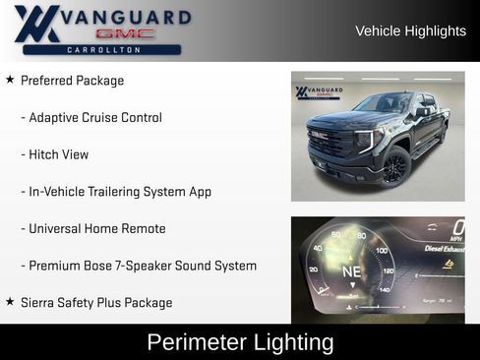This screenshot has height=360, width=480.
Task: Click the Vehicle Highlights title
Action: coord(410,30)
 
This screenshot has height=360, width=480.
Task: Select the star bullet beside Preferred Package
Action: coord(10,80)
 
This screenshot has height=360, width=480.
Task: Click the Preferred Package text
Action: coord(72,81)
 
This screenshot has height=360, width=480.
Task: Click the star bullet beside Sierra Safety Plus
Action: coord(10,302)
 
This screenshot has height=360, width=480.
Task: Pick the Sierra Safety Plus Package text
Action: coord(96,303)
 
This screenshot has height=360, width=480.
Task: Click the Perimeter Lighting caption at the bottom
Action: coord(240,342)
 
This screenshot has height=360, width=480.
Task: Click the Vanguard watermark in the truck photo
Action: coord(319,92)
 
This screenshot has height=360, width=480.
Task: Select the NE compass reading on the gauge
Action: coord(351,270)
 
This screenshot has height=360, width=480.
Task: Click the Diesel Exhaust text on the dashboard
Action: coord(443,248)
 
